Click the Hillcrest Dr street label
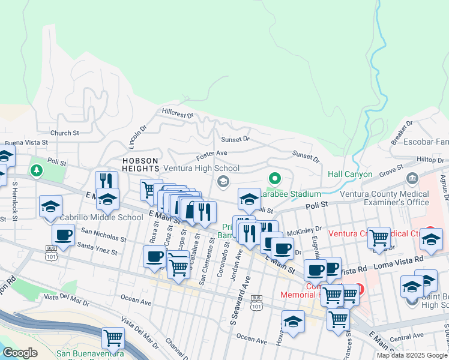tap(177, 113)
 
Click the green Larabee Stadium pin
tap(275, 178)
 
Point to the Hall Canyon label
tap(351, 175)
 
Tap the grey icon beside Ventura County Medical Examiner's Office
tap(412, 178)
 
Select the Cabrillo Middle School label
tap(101, 217)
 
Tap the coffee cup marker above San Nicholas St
tap(63, 234)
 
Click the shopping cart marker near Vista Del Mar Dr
tap(113, 338)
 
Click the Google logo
tap(20, 353)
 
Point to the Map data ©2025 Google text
tap(412, 355)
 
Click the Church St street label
tap(65, 133)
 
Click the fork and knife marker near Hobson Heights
tap(106, 181)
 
